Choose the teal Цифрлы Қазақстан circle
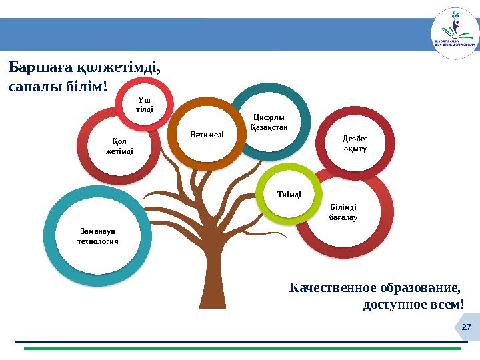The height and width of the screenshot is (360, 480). (x=269, y=122)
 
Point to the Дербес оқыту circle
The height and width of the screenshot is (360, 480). (x=355, y=143)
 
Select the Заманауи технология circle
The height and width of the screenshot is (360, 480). (x=99, y=236)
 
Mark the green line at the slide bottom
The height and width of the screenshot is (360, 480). (x=240, y=348)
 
